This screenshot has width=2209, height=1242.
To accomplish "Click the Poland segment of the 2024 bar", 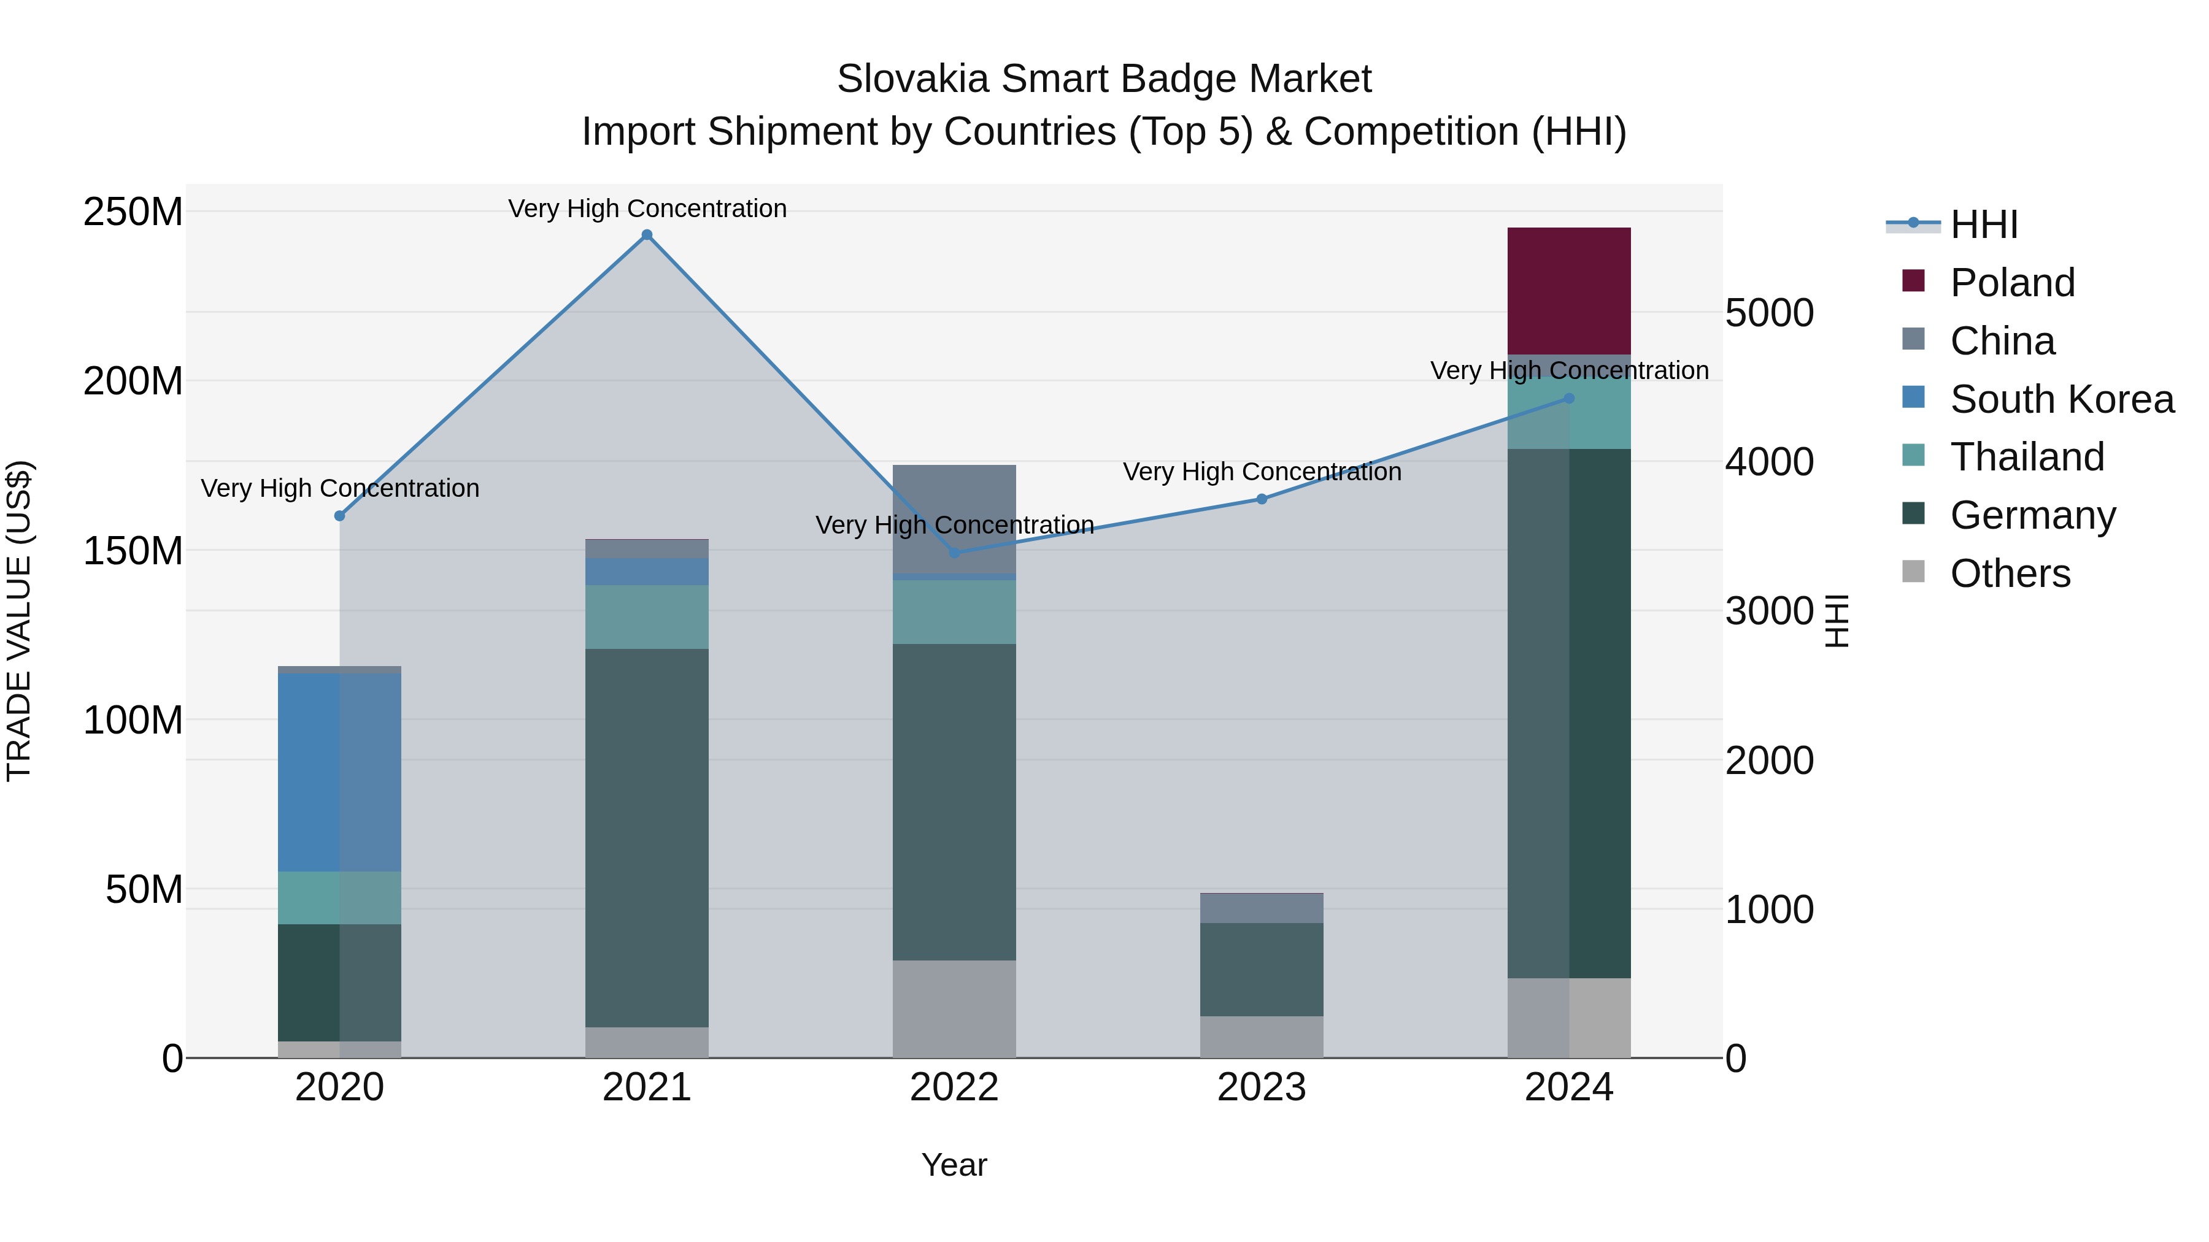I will coord(1568,291).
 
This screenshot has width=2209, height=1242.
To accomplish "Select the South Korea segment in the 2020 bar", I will coord(339,772).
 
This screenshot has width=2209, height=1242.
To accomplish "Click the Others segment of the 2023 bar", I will coord(1260,1037).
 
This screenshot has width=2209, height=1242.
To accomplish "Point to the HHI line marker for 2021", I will coord(647,235).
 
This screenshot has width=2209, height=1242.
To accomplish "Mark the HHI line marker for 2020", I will coord(339,516).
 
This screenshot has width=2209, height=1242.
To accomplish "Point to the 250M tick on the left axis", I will coord(133,212).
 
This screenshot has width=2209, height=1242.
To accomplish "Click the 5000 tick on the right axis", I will coord(1768,313).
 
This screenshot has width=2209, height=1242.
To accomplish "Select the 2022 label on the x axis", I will coord(954,1087).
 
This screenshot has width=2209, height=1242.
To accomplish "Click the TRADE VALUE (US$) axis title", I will coord(19,621).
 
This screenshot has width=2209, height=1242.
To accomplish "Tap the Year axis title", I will coord(954,1165).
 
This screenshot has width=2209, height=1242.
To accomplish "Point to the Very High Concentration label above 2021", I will coord(647,209).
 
